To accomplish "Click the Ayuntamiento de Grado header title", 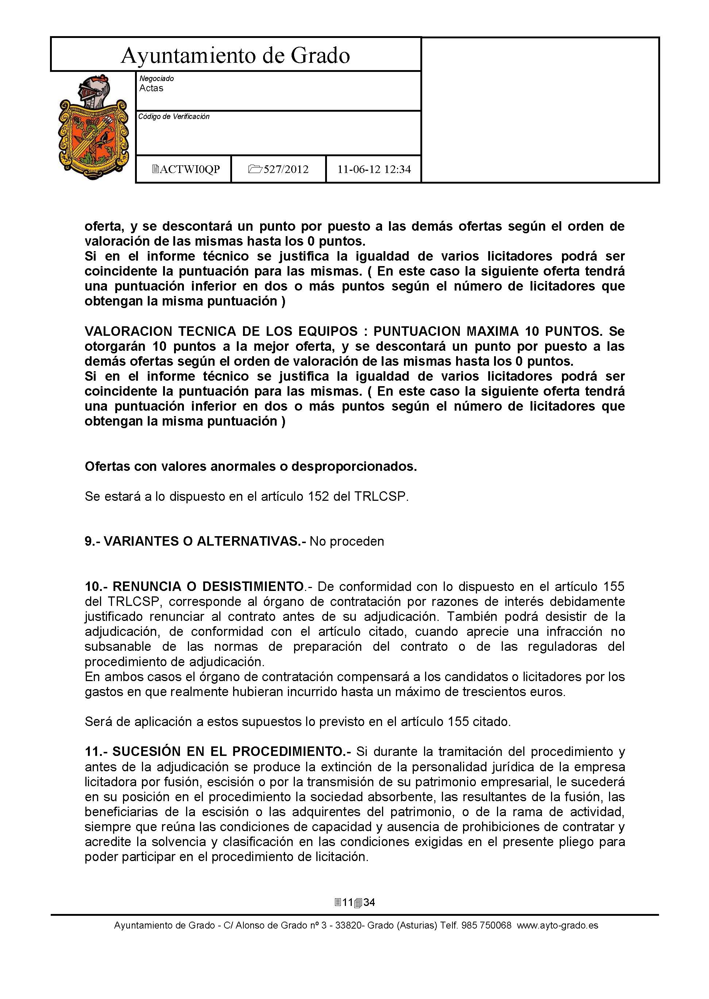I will click(x=235, y=55).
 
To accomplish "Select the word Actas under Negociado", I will click(x=151, y=88).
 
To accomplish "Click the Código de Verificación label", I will click(x=174, y=116).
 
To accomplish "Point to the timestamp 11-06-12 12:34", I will click(x=374, y=169).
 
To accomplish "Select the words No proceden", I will click(x=347, y=541).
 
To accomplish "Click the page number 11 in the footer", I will click(x=347, y=902).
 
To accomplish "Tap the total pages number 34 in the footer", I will click(x=369, y=902).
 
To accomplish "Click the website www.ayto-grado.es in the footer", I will click(x=558, y=925).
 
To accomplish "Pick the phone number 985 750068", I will click(x=489, y=925).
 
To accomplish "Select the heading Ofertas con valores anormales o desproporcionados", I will click(x=251, y=466).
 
